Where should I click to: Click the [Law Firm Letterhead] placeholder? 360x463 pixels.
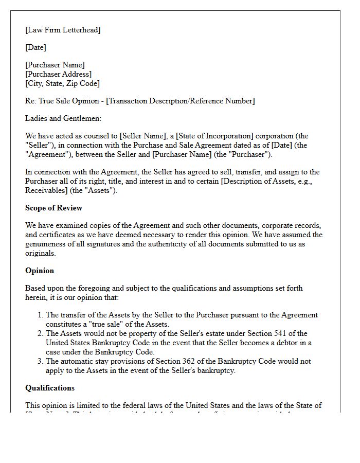(x=63, y=30)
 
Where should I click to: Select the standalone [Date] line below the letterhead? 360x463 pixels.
(x=35, y=47)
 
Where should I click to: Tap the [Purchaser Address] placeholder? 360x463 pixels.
(x=58, y=74)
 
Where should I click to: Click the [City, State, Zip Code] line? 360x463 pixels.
(x=62, y=83)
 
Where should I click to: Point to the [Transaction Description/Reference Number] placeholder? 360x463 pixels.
(x=180, y=101)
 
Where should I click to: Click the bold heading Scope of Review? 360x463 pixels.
(x=53, y=208)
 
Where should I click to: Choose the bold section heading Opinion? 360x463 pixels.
(x=40, y=271)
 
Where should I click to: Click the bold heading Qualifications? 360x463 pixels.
(x=50, y=388)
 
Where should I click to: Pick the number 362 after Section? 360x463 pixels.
(x=194, y=361)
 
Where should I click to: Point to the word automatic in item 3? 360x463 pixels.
(x=79, y=361)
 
